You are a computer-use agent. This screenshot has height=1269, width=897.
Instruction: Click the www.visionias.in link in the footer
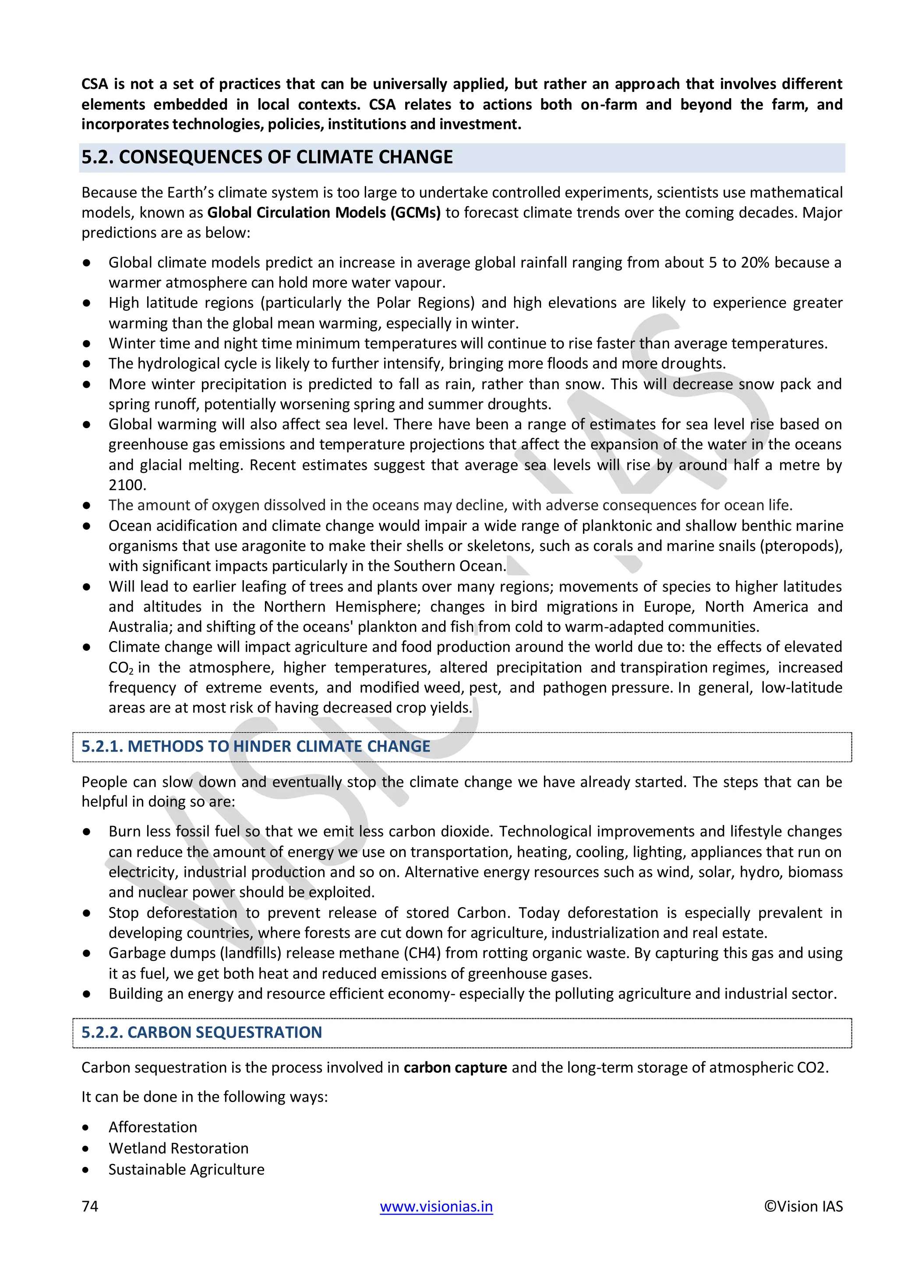point(436,1206)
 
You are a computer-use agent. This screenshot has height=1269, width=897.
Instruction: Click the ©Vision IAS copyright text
point(803,1206)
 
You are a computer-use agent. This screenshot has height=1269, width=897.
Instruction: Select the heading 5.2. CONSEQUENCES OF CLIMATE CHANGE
point(267,157)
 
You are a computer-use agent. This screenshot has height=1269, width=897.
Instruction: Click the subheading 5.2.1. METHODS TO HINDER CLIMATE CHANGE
point(256,746)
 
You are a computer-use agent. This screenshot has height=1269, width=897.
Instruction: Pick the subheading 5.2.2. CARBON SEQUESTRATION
point(201,1032)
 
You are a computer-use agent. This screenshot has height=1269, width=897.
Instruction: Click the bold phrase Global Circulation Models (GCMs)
point(324,213)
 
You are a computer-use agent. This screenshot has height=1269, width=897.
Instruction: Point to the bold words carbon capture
point(455,1067)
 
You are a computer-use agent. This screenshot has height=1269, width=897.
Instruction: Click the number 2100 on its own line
point(127,485)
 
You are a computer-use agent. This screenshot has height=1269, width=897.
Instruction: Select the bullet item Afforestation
point(152,1127)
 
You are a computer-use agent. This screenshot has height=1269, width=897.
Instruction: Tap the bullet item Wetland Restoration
point(178,1148)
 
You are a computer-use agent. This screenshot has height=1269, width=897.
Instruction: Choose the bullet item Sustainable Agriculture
point(186,1170)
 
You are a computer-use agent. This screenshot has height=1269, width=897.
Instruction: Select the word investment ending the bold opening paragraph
point(480,124)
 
